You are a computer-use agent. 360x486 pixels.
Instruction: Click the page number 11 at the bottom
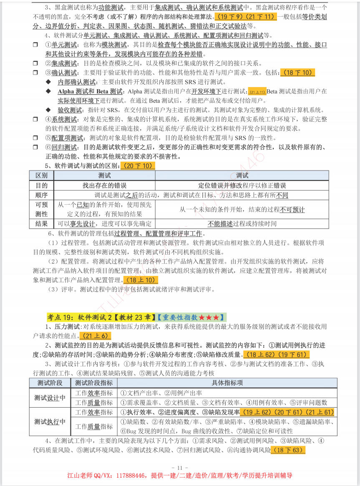[180, 467]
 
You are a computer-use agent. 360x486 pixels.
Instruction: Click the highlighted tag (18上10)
[141, 280]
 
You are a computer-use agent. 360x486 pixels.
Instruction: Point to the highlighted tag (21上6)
[96, 336]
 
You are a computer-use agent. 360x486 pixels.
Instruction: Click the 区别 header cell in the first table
[41, 175]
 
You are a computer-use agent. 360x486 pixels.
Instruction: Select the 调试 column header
[242, 175]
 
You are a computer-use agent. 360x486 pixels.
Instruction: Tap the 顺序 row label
[41, 195]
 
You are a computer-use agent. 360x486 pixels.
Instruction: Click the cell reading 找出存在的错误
[104, 185]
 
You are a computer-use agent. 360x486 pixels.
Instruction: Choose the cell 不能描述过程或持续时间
[242, 224]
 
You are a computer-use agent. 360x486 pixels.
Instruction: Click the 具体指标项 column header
[227, 383]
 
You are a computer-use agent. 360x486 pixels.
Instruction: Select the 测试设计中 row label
[50, 398]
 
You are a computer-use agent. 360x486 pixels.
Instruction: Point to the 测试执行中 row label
[50, 421]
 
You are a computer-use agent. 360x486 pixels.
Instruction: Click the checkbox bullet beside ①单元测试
[35, 45]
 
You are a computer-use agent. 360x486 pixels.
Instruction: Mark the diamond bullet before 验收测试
[48, 110]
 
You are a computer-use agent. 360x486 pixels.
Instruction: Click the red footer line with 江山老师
[180, 476]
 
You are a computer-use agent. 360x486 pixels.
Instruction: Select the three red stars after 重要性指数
[209, 317]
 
